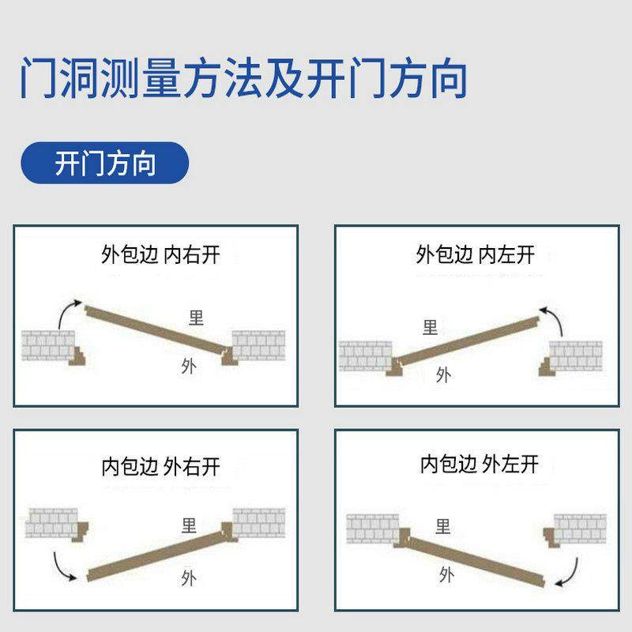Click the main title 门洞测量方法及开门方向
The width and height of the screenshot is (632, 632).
[x=243, y=77]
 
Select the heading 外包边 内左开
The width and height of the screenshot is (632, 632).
[x=475, y=254]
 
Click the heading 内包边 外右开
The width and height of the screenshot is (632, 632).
[x=160, y=466]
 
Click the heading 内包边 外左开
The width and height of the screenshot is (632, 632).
[x=479, y=464]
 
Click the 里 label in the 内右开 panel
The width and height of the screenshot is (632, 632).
[x=196, y=318]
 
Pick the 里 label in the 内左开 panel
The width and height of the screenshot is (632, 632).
[x=430, y=327]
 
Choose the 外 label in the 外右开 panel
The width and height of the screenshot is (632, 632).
[x=188, y=575]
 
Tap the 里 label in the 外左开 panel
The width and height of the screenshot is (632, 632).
[x=443, y=526]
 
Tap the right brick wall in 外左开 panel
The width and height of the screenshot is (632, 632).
[x=580, y=528]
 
